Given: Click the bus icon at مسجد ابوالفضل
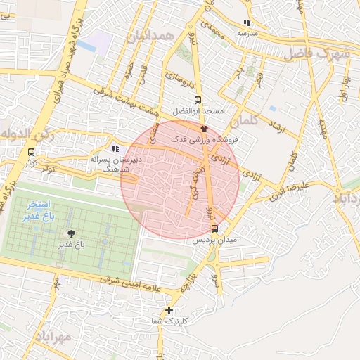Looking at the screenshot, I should click(198, 100).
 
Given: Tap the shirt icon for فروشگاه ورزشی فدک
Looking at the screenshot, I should click(205, 129).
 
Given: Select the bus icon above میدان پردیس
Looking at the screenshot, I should click(214, 229).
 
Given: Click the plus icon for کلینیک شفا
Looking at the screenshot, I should click(169, 310).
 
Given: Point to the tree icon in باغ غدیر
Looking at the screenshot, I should click(71, 233).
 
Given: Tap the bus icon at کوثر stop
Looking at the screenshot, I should click(31, 151).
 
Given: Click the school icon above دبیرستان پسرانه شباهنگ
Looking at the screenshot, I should click(115, 149).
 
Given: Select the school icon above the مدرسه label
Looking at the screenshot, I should click(246, 22).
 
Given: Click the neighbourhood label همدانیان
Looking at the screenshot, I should click(149, 34).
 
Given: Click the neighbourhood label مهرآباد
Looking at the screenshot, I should click(51, 337).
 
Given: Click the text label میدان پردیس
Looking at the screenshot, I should click(213, 240).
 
